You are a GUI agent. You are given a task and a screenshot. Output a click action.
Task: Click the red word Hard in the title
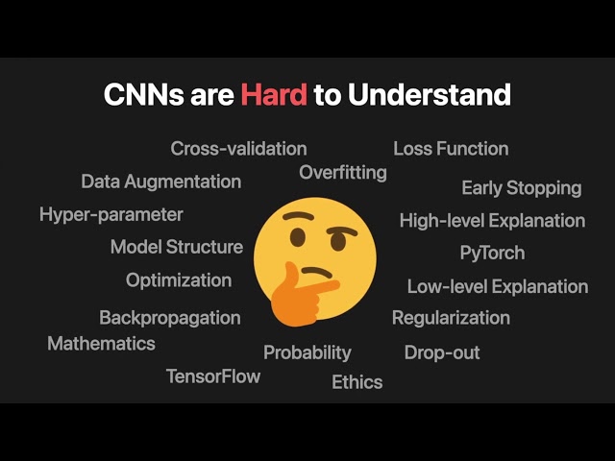(274, 95)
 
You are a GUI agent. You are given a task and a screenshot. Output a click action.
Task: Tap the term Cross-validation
(238, 149)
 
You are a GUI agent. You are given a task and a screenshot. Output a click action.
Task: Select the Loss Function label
(451, 149)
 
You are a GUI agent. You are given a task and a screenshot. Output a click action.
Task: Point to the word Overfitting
(343, 173)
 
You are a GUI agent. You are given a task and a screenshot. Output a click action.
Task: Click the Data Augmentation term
(160, 182)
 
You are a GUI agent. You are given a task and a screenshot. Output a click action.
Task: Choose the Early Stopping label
(521, 188)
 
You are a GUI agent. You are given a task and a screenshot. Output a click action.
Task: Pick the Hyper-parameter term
(111, 214)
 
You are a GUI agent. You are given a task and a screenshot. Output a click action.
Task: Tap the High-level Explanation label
(492, 221)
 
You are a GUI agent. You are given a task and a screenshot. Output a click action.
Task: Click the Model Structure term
(176, 247)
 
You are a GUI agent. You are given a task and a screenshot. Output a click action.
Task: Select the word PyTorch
(492, 254)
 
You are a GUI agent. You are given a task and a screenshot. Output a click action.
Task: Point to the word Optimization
(179, 280)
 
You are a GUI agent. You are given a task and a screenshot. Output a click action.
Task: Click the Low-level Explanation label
(497, 286)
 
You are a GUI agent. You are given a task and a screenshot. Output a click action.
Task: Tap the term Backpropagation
(169, 318)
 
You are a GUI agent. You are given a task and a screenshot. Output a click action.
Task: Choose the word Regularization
(451, 318)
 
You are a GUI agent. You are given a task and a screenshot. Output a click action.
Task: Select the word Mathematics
(101, 343)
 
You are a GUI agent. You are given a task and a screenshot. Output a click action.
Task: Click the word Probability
(307, 352)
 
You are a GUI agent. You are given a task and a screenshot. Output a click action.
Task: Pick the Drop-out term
(441, 352)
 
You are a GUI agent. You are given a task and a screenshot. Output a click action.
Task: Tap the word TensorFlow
(213, 376)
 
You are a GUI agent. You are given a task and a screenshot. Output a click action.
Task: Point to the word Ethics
(357, 382)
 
